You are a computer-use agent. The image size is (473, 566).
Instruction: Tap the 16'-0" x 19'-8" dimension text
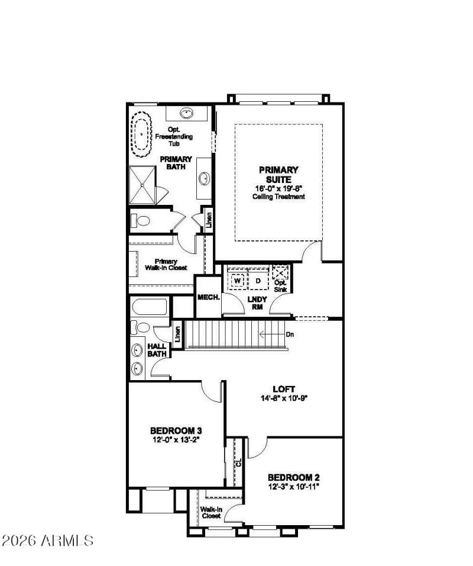(278, 189)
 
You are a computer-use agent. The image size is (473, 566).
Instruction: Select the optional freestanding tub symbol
(142, 136)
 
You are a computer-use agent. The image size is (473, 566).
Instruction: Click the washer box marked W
(238, 279)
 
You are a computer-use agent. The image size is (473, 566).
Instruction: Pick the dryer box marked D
(258, 279)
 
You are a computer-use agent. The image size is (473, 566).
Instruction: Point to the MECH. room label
(208, 297)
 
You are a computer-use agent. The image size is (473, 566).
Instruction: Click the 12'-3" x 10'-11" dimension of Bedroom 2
(294, 487)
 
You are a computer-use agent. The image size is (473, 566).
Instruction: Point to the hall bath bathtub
(149, 307)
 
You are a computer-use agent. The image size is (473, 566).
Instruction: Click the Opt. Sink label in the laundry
(281, 286)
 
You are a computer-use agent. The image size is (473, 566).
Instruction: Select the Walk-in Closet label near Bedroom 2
(211, 512)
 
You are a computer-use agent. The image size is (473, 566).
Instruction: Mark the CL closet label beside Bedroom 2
(239, 462)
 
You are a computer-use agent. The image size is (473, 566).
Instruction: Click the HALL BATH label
(157, 350)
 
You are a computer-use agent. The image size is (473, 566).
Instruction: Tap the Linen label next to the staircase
(177, 335)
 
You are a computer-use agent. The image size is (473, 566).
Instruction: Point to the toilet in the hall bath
(142, 327)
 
